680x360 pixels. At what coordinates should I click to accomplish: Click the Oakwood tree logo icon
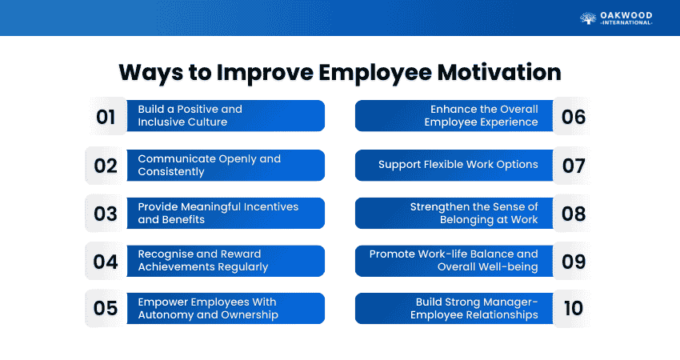(x=588, y=18)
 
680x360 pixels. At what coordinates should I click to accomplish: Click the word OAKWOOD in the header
(x=626, y=16)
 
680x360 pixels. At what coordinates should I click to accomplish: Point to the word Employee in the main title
(x=375, y=73)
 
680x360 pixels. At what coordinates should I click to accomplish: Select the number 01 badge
(x=106, y=116)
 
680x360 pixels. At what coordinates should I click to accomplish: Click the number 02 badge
(x=106, y=166)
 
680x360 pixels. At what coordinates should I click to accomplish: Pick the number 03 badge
(x=106, y=214)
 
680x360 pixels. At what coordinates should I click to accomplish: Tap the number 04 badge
(x=106, y=261)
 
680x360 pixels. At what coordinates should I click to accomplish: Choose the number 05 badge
(x=106, y=308)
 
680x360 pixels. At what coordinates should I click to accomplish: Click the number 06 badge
(x=574, y=116)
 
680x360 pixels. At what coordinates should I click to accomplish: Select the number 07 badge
(x=574, y=166)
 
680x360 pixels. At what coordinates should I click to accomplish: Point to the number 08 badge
(x=574, y=214)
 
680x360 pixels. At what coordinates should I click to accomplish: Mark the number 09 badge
(x=574, y=261)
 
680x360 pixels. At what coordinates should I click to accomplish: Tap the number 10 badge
(x=574, y=308)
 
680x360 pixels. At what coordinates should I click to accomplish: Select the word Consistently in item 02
(x=171, y=172)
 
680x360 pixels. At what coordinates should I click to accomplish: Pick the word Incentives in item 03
(x=271, y=207)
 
